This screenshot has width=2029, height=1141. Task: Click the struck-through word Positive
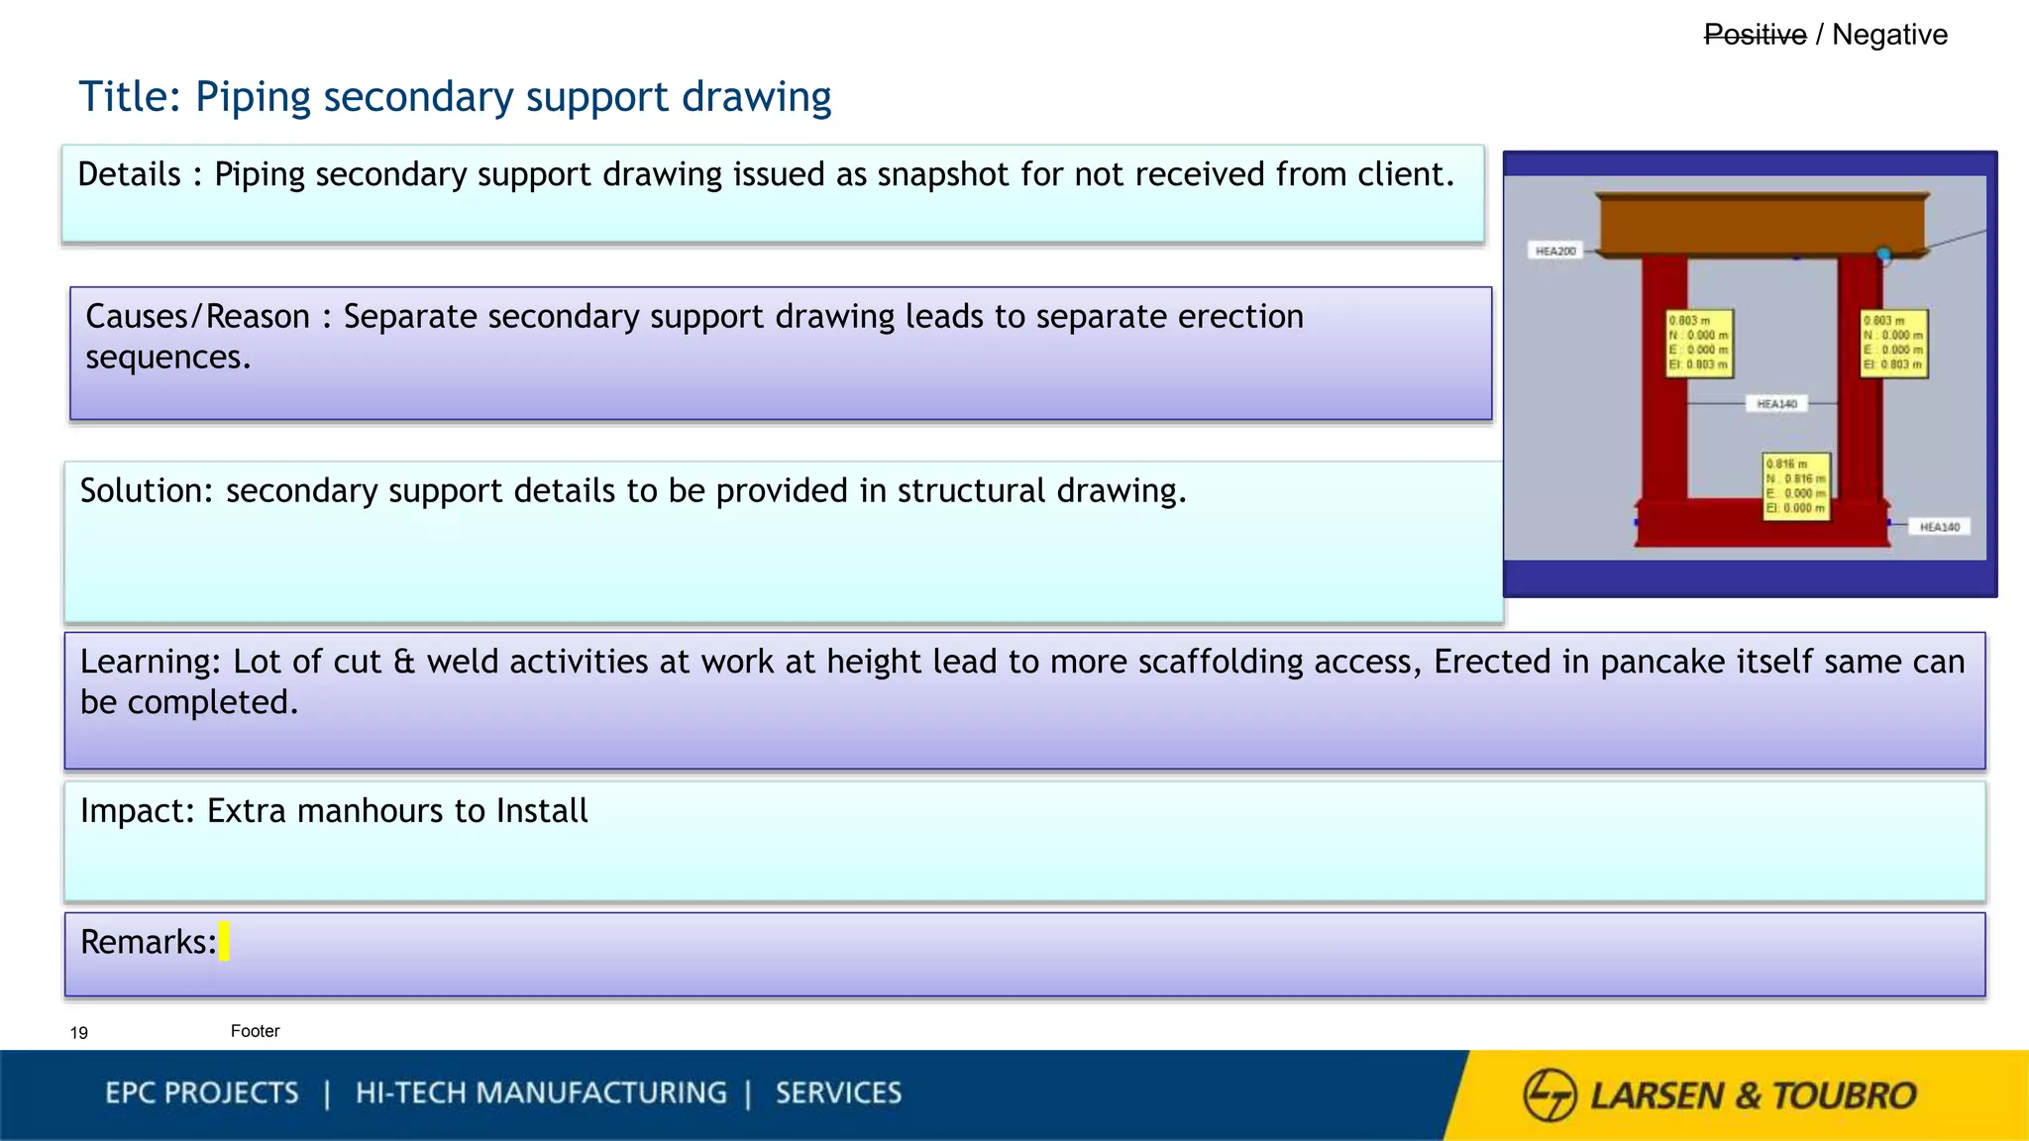(1755, 35)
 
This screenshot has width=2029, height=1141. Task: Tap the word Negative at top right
(1889, 35)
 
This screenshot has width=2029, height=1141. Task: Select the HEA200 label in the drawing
(1555, 252)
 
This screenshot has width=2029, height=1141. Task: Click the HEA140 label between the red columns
(1776, 404)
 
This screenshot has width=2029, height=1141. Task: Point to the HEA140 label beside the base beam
(1939, 527)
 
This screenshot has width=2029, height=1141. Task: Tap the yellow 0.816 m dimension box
(1796, 485)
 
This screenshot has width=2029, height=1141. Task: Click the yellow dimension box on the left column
(1699, 343)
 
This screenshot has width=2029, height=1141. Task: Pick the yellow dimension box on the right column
(1893, 343)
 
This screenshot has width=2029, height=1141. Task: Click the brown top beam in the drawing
(1762, 224)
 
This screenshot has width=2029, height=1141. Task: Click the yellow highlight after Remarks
(224, 941)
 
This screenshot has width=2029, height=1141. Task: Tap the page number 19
(79, 1033)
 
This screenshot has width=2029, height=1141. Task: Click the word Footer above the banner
(255, 1031)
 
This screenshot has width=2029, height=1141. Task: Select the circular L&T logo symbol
(1549, 1094)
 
